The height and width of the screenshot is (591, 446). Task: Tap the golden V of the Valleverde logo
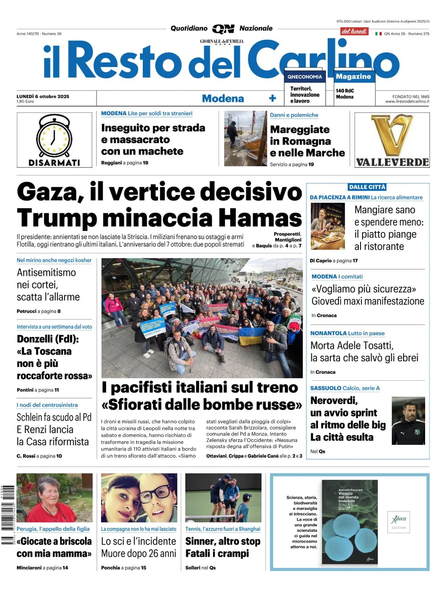392,134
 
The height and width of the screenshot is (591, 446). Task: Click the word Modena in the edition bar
223,98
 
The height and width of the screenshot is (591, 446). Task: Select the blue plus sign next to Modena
272,98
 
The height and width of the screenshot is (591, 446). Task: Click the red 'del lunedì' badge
354,32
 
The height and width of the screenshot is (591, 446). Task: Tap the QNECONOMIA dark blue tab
305,77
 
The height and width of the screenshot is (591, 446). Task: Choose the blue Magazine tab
353,76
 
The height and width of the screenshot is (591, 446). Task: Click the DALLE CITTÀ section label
367,187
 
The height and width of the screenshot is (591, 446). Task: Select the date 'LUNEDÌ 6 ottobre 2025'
43,97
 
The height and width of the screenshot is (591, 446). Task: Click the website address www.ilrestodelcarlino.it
407,101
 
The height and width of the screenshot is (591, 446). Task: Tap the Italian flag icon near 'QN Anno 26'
378,34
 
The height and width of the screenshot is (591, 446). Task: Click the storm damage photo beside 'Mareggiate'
245,138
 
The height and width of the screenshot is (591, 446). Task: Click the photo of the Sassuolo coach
408,421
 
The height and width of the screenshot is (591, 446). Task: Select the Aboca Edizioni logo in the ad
399,522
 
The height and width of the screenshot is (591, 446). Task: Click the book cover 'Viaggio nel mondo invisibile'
350,522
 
